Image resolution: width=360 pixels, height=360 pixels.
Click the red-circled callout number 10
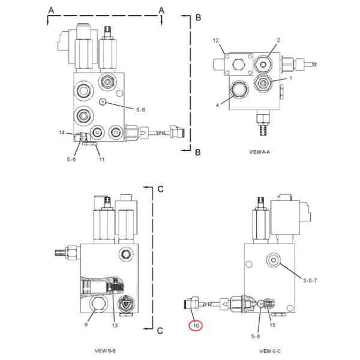tap(196, 326)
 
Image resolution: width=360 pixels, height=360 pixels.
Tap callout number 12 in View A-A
tap(216, 41)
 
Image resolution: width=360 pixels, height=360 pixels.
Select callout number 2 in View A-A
tap(278, 40)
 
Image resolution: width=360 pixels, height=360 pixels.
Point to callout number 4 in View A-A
tap(217, 105)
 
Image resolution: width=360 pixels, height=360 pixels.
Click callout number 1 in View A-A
tap(290, 78)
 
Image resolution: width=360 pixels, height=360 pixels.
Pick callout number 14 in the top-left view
tap(62, 133)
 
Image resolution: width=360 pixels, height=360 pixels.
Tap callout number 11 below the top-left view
tap(102, 159)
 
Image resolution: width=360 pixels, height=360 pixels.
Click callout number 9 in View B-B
tap(86, 325)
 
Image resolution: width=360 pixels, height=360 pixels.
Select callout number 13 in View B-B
tap(115, 325)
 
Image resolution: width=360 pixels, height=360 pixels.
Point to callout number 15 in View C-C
tap(272, 325)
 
